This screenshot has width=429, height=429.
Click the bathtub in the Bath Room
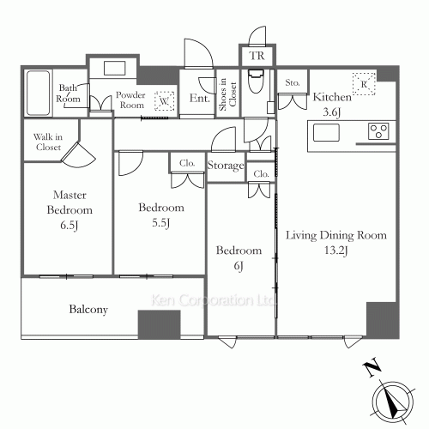pos(39,93)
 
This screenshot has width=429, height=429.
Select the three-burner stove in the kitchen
pos(378,131)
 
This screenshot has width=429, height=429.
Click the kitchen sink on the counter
pos(326,132)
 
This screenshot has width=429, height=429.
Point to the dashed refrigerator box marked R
pos(364,84)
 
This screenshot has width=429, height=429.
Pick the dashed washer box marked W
pos(164,100)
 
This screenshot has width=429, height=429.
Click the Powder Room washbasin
pos(114,69)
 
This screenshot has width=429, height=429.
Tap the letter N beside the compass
pos(372,368)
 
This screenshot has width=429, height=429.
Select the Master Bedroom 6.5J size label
pos(69,226)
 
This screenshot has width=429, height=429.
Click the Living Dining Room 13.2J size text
pos(336,251)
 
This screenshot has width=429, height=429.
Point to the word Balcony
pos(88,310)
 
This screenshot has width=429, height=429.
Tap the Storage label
pos(226,166)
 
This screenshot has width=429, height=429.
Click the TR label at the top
pos(257,56)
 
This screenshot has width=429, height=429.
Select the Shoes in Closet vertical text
pos(227,94)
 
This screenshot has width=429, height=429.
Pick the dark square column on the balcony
pos(160,324)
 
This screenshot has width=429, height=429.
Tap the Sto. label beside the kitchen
pos(293,83)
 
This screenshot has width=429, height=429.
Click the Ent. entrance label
pos(200,98)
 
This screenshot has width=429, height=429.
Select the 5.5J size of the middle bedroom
pos(160,223)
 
